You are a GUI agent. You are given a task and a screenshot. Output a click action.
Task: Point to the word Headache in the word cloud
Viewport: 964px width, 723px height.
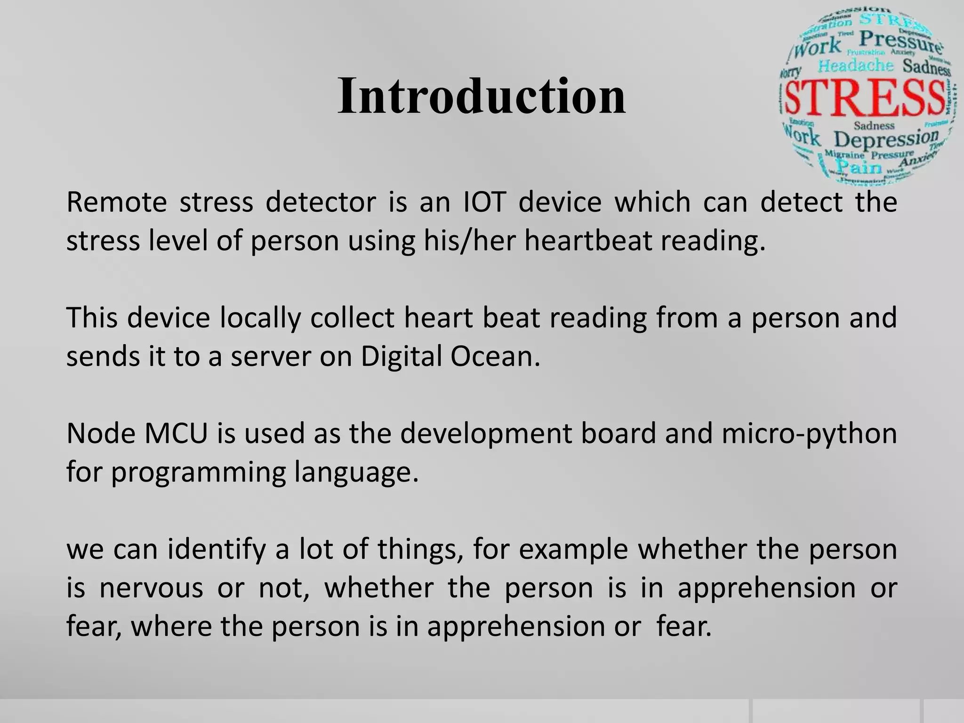point(855,65)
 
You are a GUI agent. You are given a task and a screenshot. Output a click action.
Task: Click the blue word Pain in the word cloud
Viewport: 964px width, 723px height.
point(859,167)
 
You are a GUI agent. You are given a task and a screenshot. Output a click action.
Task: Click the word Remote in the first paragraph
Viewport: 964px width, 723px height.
point(117,202)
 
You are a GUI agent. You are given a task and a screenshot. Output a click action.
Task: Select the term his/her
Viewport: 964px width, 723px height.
point(469,241)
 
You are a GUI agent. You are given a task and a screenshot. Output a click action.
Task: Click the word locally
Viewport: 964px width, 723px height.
point(260,318)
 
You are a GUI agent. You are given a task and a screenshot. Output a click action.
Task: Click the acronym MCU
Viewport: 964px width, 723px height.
point(176,434)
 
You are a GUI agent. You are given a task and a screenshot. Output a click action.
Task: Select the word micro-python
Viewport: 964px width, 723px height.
point(809,434)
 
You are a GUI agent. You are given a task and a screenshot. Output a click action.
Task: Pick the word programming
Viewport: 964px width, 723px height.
point(198,472)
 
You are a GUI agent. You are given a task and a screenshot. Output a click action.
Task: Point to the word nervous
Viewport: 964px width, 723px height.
point(151,588)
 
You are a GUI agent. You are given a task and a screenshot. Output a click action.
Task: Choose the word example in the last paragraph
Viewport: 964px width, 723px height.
point(573,549)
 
